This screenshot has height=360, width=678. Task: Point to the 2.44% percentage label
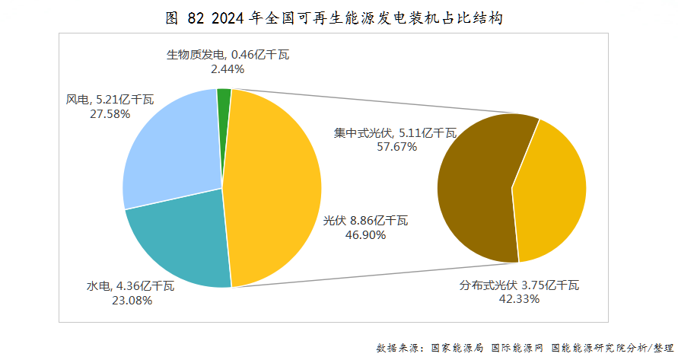coord(228,68)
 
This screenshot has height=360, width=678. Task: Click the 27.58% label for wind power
coord(110,113)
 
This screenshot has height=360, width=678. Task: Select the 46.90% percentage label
coord(365,235)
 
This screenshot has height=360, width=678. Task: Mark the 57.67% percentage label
coord(396,146)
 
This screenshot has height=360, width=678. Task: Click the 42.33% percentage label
coord(520,299)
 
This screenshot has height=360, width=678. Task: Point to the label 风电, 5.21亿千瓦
coord(110,100)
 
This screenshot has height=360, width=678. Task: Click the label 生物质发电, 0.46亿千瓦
coord(228,55)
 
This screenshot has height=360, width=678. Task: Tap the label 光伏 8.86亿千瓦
coord(365,221)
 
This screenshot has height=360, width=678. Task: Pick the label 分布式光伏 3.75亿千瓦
coord(520,285)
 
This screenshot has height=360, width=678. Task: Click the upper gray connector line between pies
coord(380,102)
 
